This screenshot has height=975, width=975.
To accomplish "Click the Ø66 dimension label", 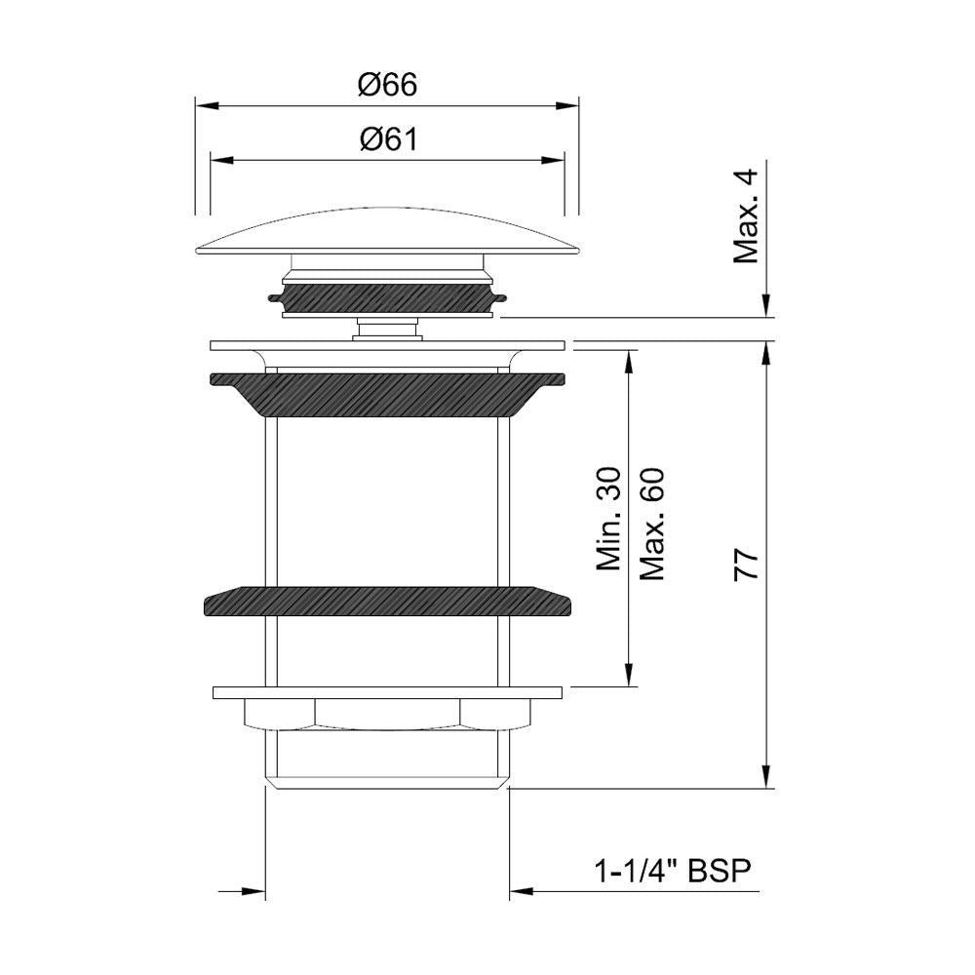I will [x=387, y=86].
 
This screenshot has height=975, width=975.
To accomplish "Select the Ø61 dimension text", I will [x=387, y=140].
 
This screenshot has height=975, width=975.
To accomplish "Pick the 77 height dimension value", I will [x=747, y=565].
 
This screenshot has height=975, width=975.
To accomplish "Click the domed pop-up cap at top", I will [x=387, y=230].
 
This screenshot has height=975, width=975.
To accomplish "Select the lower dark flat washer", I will [x=387, y=601].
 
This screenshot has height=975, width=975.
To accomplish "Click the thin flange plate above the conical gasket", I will [x=387, y=345].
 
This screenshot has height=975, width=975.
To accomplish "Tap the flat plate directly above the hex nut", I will [x=387, y=693].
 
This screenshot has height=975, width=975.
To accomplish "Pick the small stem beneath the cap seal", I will [x=387, y=328].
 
